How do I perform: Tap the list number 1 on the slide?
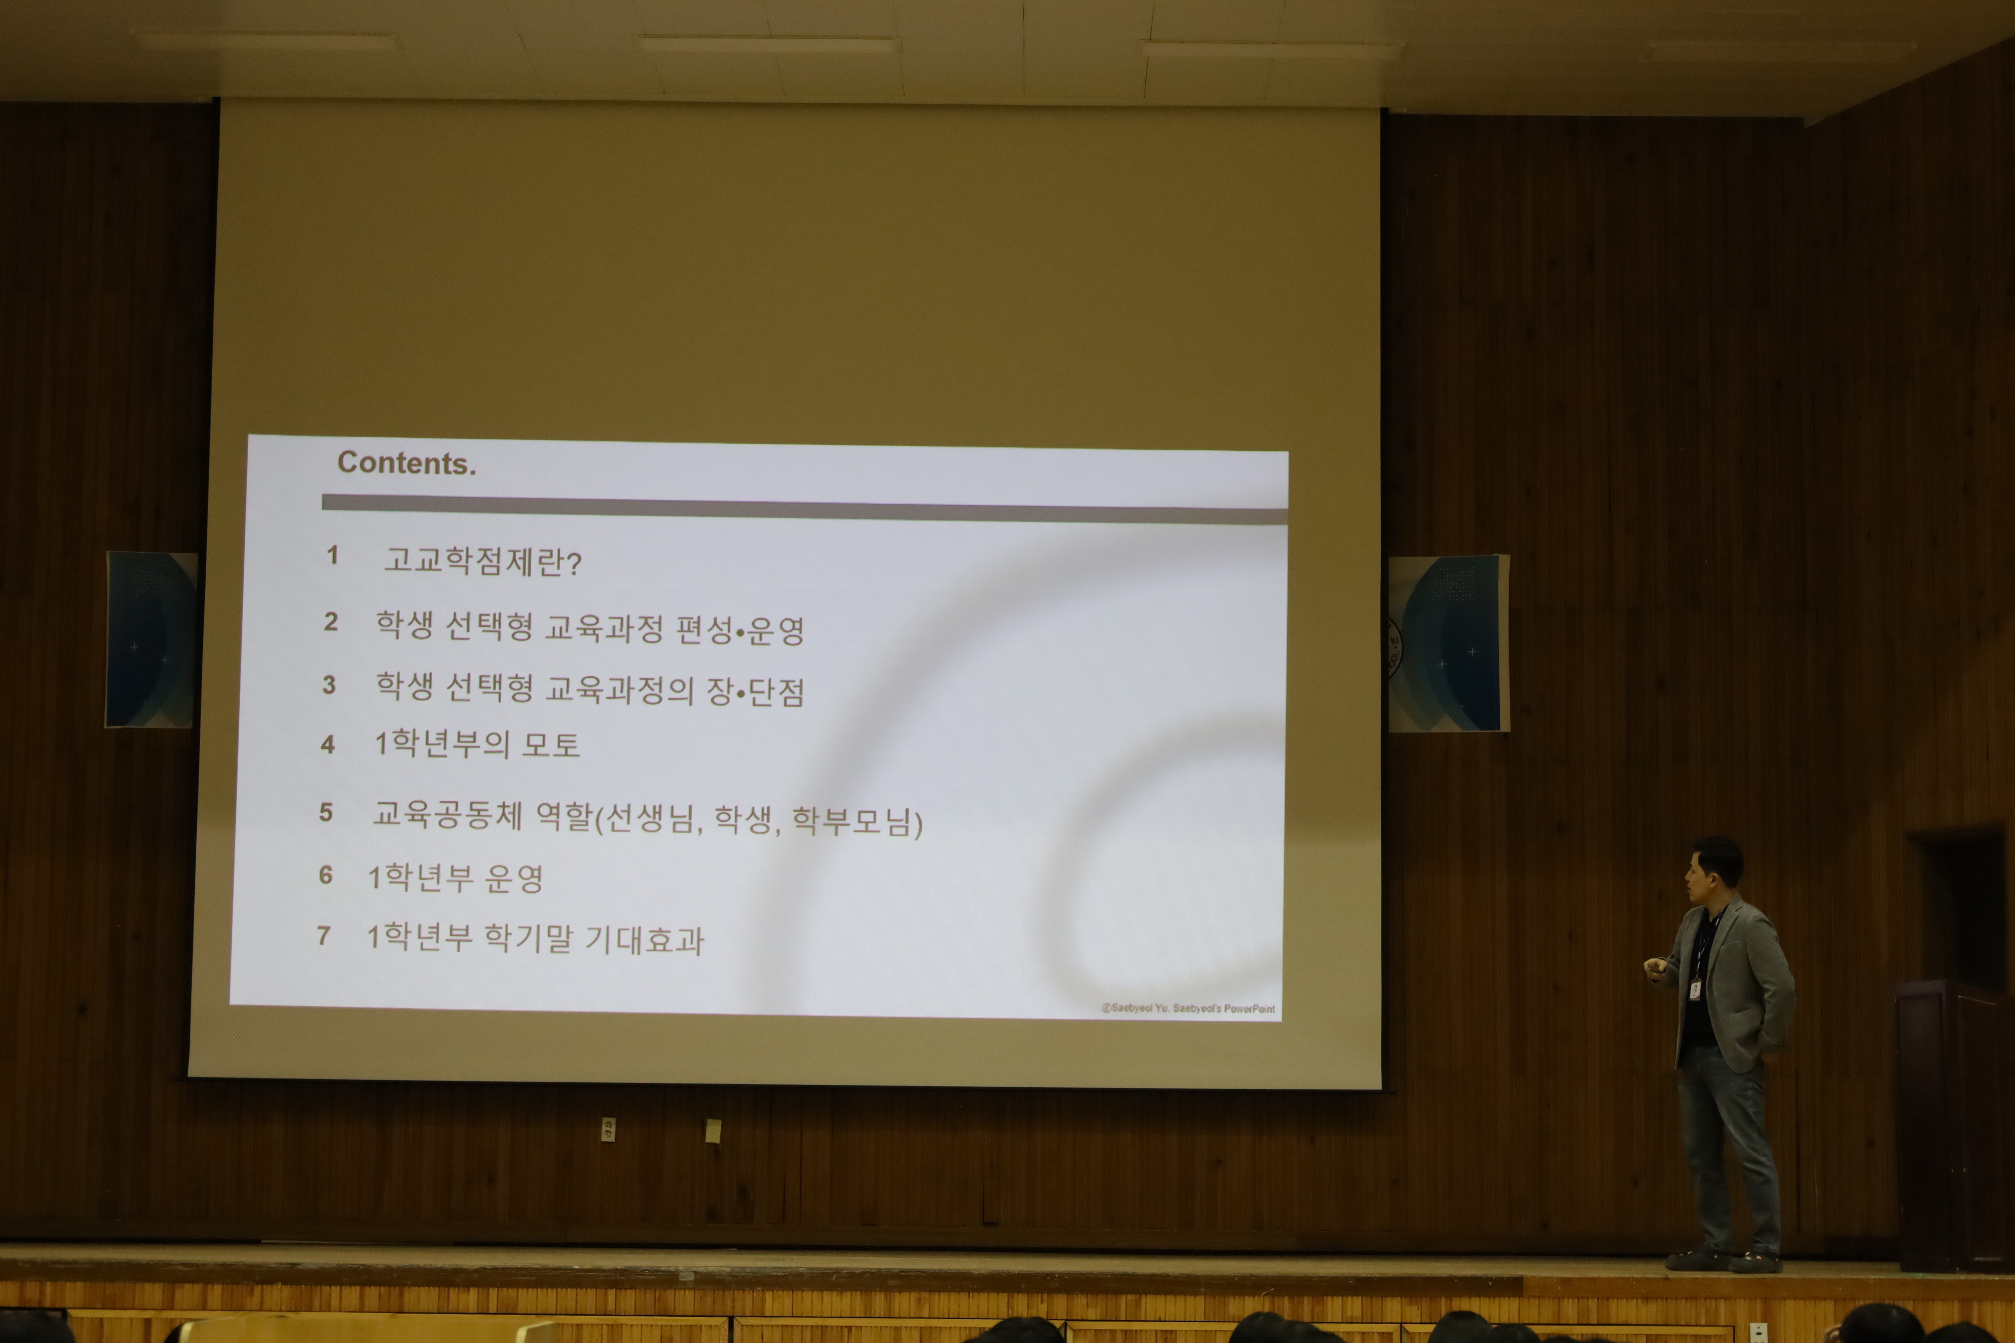point(332,555)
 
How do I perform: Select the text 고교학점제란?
point(482,561)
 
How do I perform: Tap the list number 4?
point(327,744)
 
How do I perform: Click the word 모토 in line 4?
point(551,744)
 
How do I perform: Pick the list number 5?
point(325,812)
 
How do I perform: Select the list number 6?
point(325,875)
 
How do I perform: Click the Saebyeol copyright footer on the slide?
point(1188,1008)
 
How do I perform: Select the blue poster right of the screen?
point(1449,643)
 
